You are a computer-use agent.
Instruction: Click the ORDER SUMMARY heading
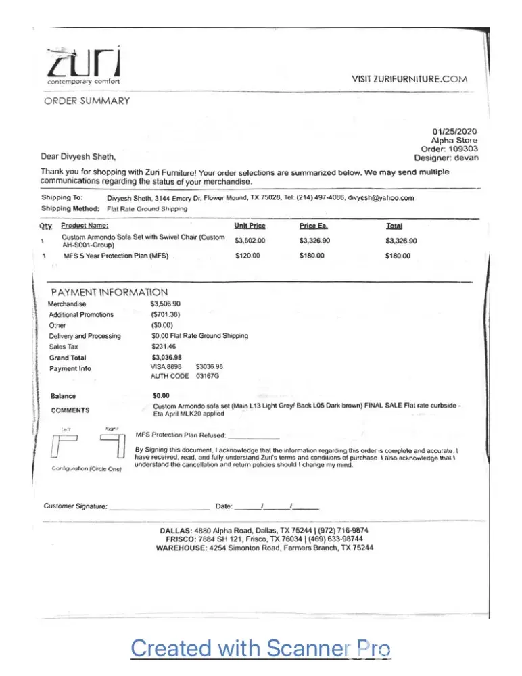tap(87, 101)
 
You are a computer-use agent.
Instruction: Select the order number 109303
tap(463, 149)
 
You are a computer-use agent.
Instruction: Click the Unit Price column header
tap(250, 226)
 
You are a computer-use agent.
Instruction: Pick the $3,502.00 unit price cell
tap(250, 241)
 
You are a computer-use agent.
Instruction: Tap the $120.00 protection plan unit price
tap(247, 256)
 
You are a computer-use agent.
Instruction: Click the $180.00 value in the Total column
tap(398, 256)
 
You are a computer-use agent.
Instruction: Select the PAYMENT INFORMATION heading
tap(110, 292)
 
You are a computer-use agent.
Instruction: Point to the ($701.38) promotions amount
tap(166, 314)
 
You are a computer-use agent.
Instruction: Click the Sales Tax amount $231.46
tap(164, 346)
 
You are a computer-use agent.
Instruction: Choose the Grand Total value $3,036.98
tap(167, 357)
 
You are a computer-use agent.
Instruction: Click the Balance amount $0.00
tap(161, 395)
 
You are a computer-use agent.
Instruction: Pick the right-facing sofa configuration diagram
tap(113, 447)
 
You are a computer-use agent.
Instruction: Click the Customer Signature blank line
tap(159, 506)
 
